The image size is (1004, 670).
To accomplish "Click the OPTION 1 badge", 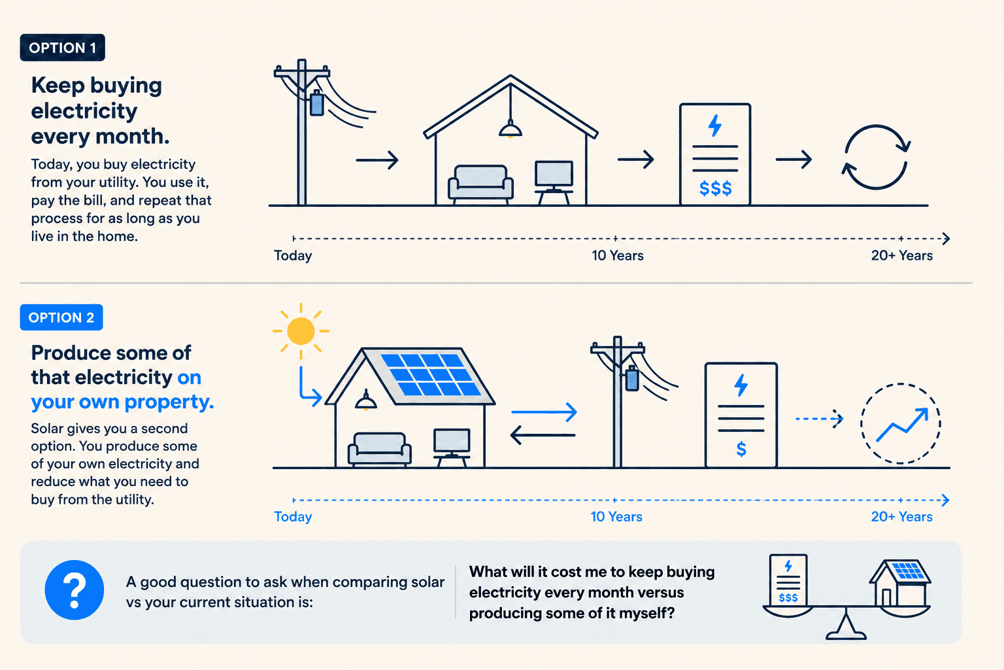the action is pos(62,48).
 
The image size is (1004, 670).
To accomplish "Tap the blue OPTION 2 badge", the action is pos(61,317).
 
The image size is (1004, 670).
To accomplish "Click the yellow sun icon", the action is pos(301,330).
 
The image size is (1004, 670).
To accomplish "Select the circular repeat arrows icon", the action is pos(876,156).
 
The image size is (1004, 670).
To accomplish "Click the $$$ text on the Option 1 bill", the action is pos(715,188).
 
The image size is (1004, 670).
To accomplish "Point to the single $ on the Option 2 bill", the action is pos(741,449).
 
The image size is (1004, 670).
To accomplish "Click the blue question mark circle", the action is pos(75,590).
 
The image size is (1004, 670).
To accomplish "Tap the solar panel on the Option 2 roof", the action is pos(431,374).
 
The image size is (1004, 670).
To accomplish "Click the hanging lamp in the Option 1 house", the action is pos(510,129).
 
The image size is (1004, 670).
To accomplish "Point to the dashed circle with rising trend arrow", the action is pos(901,423).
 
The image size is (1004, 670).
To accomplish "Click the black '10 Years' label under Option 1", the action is pos(618,256).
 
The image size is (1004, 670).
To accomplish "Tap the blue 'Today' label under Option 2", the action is pos(293,516).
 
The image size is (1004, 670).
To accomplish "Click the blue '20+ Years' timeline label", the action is pos(902,516).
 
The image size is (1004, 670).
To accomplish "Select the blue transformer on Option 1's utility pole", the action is pos(317,103).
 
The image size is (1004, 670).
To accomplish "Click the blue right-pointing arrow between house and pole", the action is pos(544,412).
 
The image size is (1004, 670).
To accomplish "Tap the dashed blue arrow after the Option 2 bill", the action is pos(819,419).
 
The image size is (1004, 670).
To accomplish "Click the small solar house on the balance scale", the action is pos(900,582).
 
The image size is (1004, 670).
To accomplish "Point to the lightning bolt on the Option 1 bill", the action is pos(715,126).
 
